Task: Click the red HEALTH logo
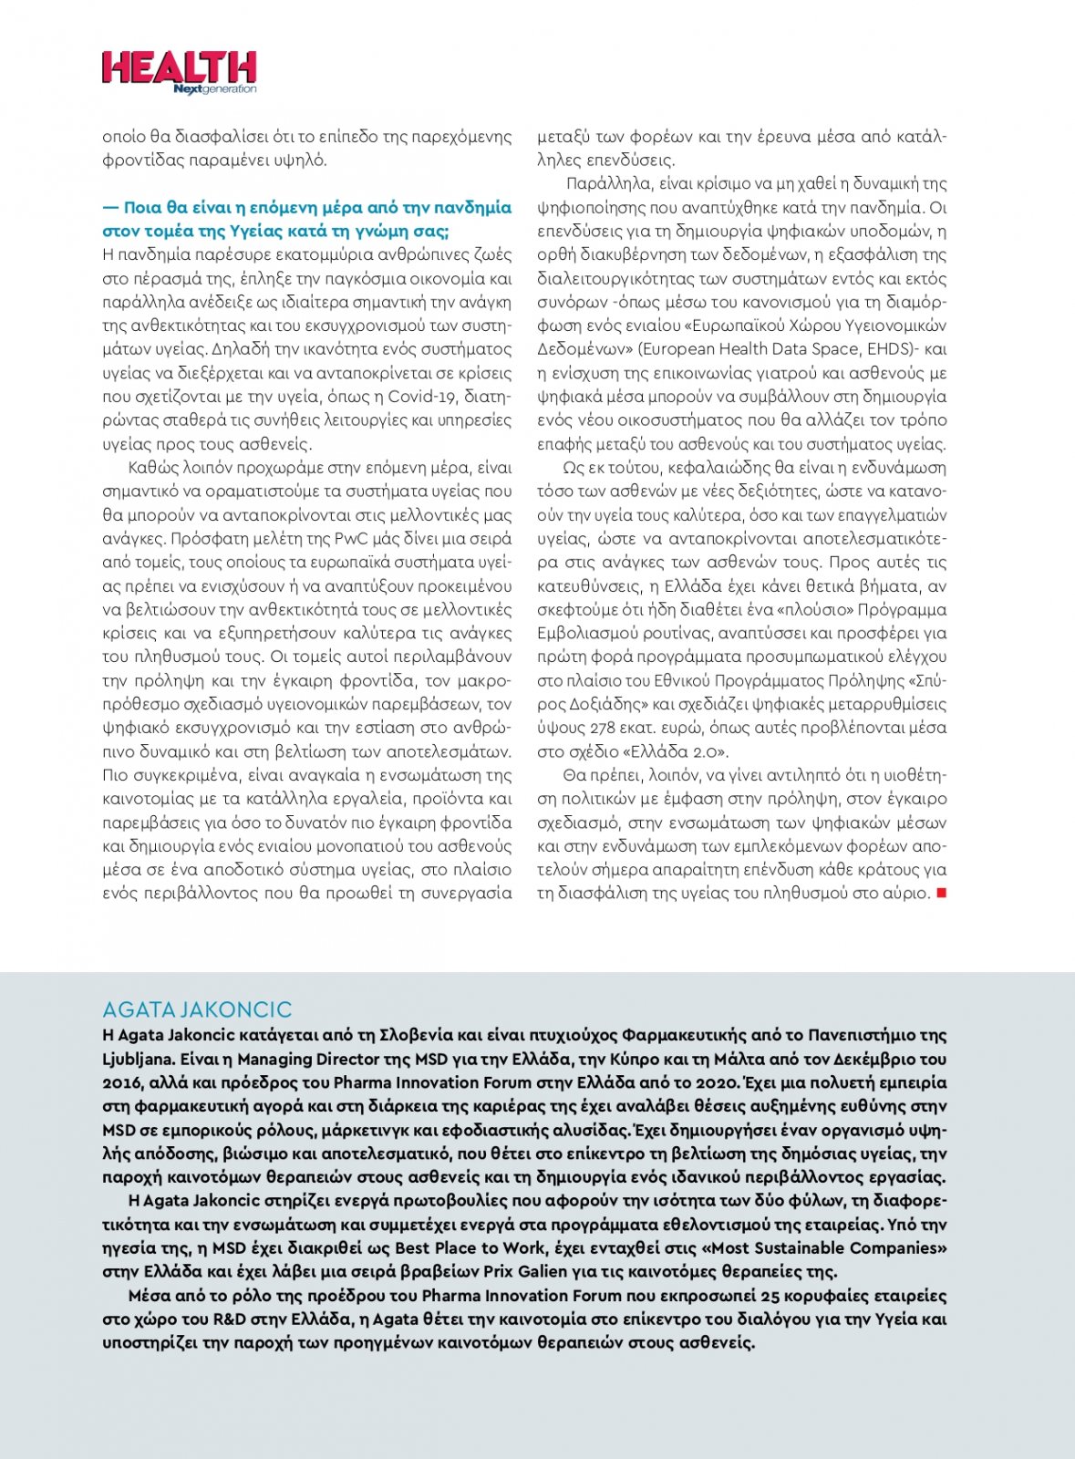point(179,67)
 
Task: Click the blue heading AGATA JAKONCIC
point(197,1009)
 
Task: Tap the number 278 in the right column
point(597,728)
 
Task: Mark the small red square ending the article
point(942,893)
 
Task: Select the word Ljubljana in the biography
point(138,1059)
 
